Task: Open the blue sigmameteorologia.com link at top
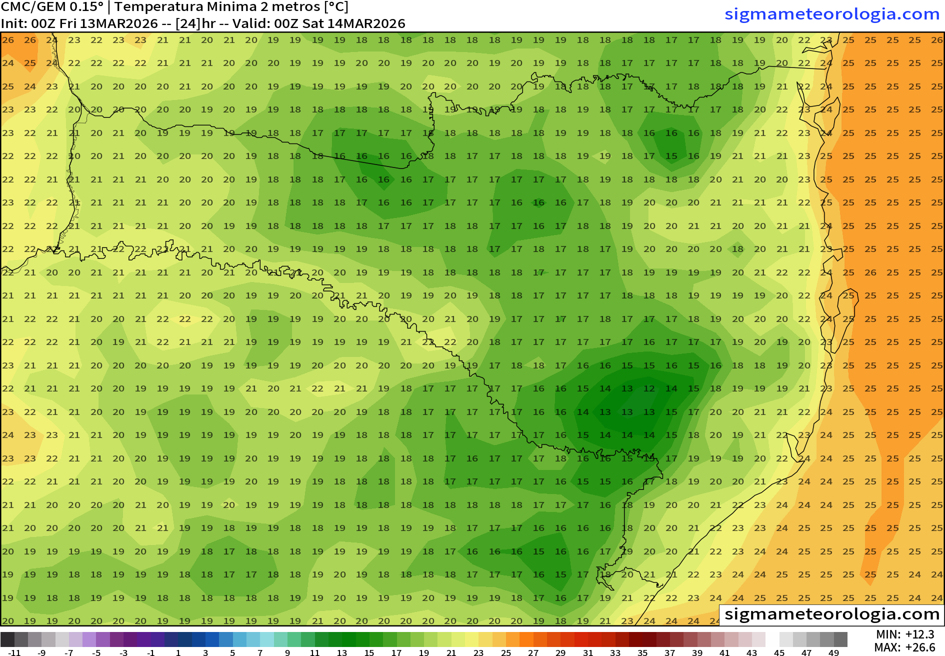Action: click(832, 14)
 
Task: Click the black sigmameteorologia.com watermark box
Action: click(832, 613)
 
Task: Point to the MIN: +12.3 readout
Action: click(905, 634)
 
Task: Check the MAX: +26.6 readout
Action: click(905, 647)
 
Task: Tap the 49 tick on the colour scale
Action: click(833, 652)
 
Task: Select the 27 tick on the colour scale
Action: click(533, 652)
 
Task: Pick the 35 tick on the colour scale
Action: click(642, 652)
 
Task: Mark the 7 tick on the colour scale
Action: click(260, 652)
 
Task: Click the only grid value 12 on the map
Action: click(649, 388)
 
